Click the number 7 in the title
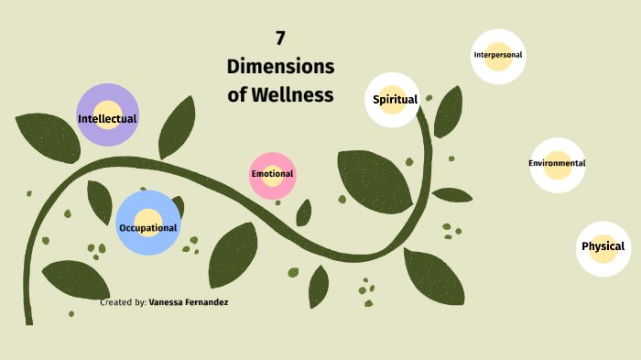click(x=280, y=38)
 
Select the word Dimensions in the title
click(x=280, y=67)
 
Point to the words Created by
click(x=123, y=300)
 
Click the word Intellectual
click(x=107, y=119)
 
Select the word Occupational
click(x=148, y=227)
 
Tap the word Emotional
click(x=272, y=174)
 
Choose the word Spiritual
click(x=396, y=99)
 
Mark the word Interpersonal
click(x=498, y=55)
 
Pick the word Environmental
click(x=557, y=163)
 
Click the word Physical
click(x=603, y=245)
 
